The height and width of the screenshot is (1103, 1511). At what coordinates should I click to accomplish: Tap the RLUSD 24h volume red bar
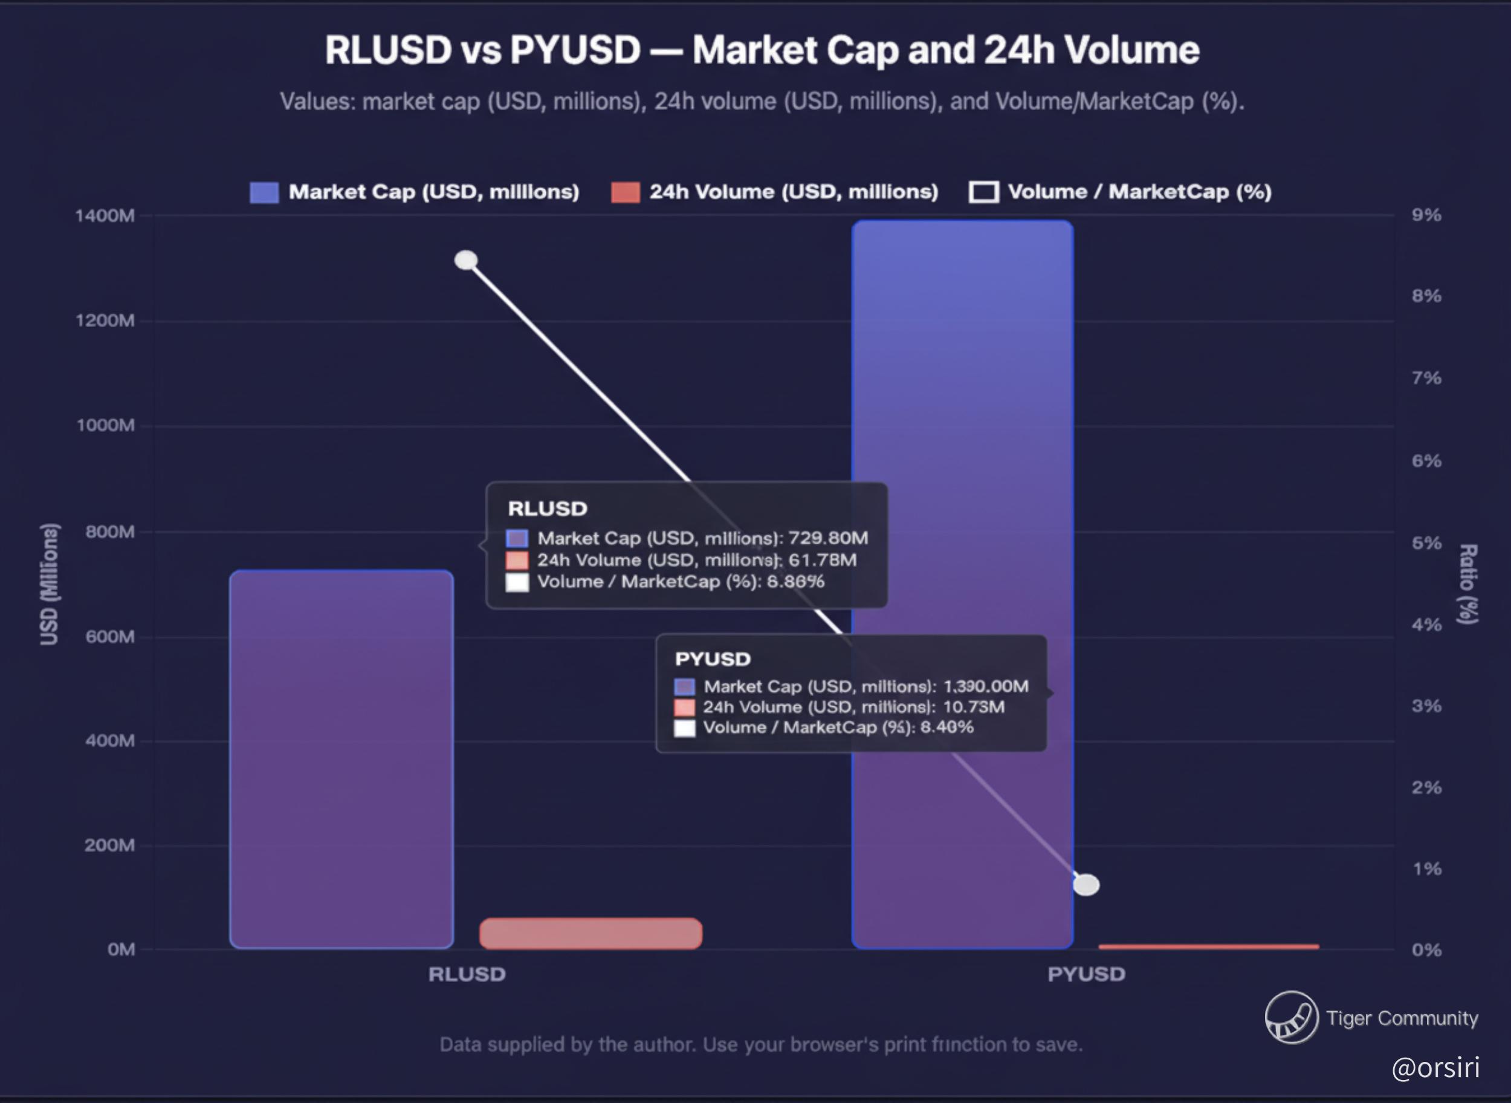pos(590,934)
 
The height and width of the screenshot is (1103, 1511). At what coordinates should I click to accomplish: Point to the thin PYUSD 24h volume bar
pos(1208,946)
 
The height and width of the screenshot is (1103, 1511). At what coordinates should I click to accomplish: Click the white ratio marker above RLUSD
pos(466,260)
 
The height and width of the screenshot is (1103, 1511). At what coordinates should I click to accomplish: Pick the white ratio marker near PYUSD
pos(1086,885)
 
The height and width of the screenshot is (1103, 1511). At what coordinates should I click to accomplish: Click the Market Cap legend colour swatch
pos(264,192)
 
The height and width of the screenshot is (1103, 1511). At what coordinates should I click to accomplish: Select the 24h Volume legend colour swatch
pos(626,192)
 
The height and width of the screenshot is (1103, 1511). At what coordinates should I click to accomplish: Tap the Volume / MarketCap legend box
pos(983,192)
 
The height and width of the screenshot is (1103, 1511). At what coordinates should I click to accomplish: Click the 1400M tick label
pos(105,216)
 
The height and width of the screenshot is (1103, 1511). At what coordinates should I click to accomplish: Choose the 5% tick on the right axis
pos(1426,543)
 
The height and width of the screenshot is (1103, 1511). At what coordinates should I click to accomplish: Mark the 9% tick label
pos(1426,215)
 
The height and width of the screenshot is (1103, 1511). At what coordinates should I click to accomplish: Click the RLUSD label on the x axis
pos(467,974)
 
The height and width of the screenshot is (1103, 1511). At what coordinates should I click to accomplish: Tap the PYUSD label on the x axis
pos(1086,974)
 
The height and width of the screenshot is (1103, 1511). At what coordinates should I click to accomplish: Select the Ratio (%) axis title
pos(1468,584)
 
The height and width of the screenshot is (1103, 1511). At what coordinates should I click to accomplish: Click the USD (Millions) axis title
pos(50,584)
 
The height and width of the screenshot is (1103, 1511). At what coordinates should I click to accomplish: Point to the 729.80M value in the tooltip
pos(828,538)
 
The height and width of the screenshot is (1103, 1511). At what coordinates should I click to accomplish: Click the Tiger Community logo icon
pos(1291,1018)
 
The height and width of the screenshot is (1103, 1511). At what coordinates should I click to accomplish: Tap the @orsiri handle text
pos(1435,1067)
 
